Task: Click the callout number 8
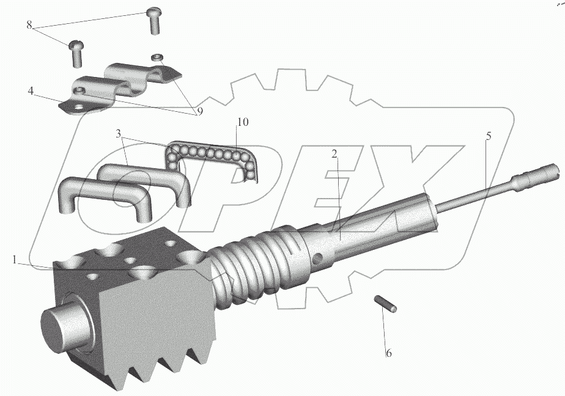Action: (29, 25)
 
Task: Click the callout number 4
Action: (31, 90)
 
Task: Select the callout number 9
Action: (199, 112)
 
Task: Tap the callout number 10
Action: (243, 122)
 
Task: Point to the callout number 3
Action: (119, 134)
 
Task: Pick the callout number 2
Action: (334, 154)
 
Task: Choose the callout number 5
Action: (489, 136)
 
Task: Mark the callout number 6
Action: (388, 353)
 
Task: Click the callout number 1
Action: (15, 260)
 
